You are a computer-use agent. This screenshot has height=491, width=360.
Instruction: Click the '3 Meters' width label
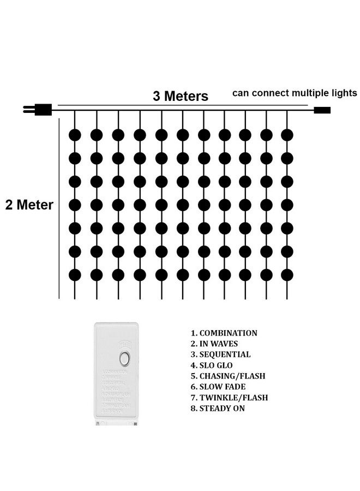tap(181, 97)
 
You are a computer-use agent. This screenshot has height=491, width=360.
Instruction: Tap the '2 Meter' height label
tap(29, 206)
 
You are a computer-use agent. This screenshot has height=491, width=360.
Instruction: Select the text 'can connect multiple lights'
tap(295, 93)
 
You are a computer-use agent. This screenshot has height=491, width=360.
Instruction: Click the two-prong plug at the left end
tap(39, 109)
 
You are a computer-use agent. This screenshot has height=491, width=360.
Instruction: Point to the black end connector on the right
tap(322, 110)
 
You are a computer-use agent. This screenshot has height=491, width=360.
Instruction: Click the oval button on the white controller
tap(124, 359)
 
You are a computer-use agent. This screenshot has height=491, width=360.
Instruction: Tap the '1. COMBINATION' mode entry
tap(224, 333)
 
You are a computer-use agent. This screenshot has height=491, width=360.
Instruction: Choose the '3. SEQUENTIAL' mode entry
tap(220, 355)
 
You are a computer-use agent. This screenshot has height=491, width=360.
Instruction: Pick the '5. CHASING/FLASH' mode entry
tap(227, 376)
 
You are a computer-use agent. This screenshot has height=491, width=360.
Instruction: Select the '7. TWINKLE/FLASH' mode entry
tap(229, 398)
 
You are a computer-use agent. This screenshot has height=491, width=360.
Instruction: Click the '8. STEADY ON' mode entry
tap(218, 408)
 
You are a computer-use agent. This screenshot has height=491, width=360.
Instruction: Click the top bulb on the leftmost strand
tap(75, 134)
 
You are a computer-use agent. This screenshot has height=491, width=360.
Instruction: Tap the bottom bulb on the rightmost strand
tap(287, 275)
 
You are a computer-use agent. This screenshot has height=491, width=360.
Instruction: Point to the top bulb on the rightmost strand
tap(287, 134)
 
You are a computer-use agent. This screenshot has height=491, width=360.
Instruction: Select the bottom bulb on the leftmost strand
tap(75, 275)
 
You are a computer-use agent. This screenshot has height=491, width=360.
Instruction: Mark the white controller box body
tap(116, 393)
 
